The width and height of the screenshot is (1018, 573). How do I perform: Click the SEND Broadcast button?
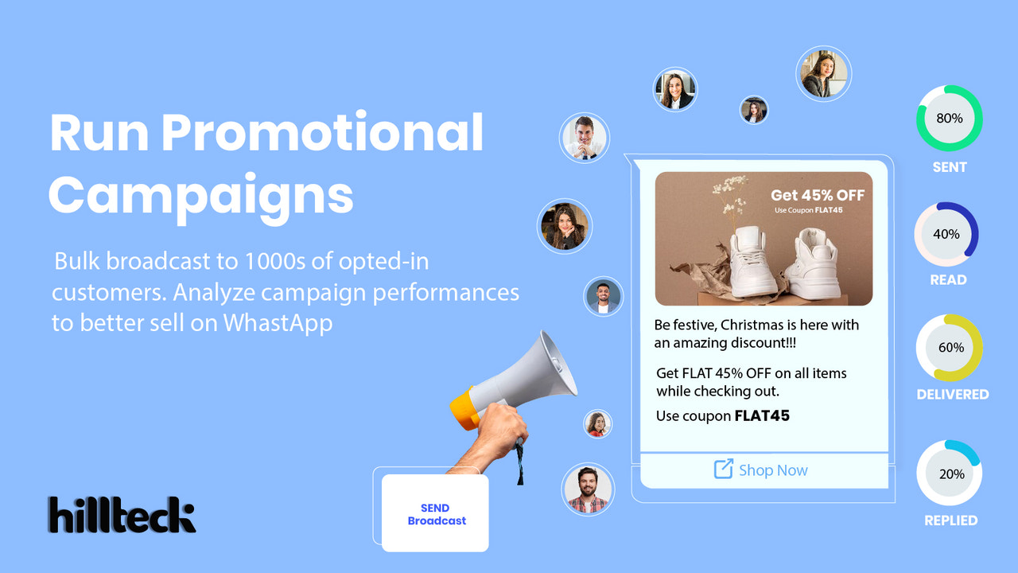(436, 514)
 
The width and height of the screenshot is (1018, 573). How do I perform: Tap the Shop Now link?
(772, 470)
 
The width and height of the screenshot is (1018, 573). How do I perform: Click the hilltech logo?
(121, 515)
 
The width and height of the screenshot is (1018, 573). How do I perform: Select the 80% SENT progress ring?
(949, 119)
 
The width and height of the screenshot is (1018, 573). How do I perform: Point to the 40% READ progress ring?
(946, 235)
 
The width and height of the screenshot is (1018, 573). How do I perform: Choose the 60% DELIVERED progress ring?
(949, 348)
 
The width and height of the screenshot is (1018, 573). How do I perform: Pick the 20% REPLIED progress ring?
(950, 474)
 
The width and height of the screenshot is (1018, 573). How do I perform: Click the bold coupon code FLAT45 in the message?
(761, 415)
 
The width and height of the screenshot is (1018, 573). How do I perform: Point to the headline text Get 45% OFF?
(817, 196)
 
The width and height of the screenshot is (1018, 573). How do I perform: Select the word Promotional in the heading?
(322, 134)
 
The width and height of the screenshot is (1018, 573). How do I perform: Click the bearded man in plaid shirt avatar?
(588, 489)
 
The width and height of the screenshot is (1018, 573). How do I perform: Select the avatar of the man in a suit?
(585, 138)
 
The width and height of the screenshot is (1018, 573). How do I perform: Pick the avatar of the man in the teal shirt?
(603, 296)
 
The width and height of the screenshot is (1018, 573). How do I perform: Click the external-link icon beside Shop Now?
(723, 470)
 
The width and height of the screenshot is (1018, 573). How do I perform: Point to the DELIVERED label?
(952, 394)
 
